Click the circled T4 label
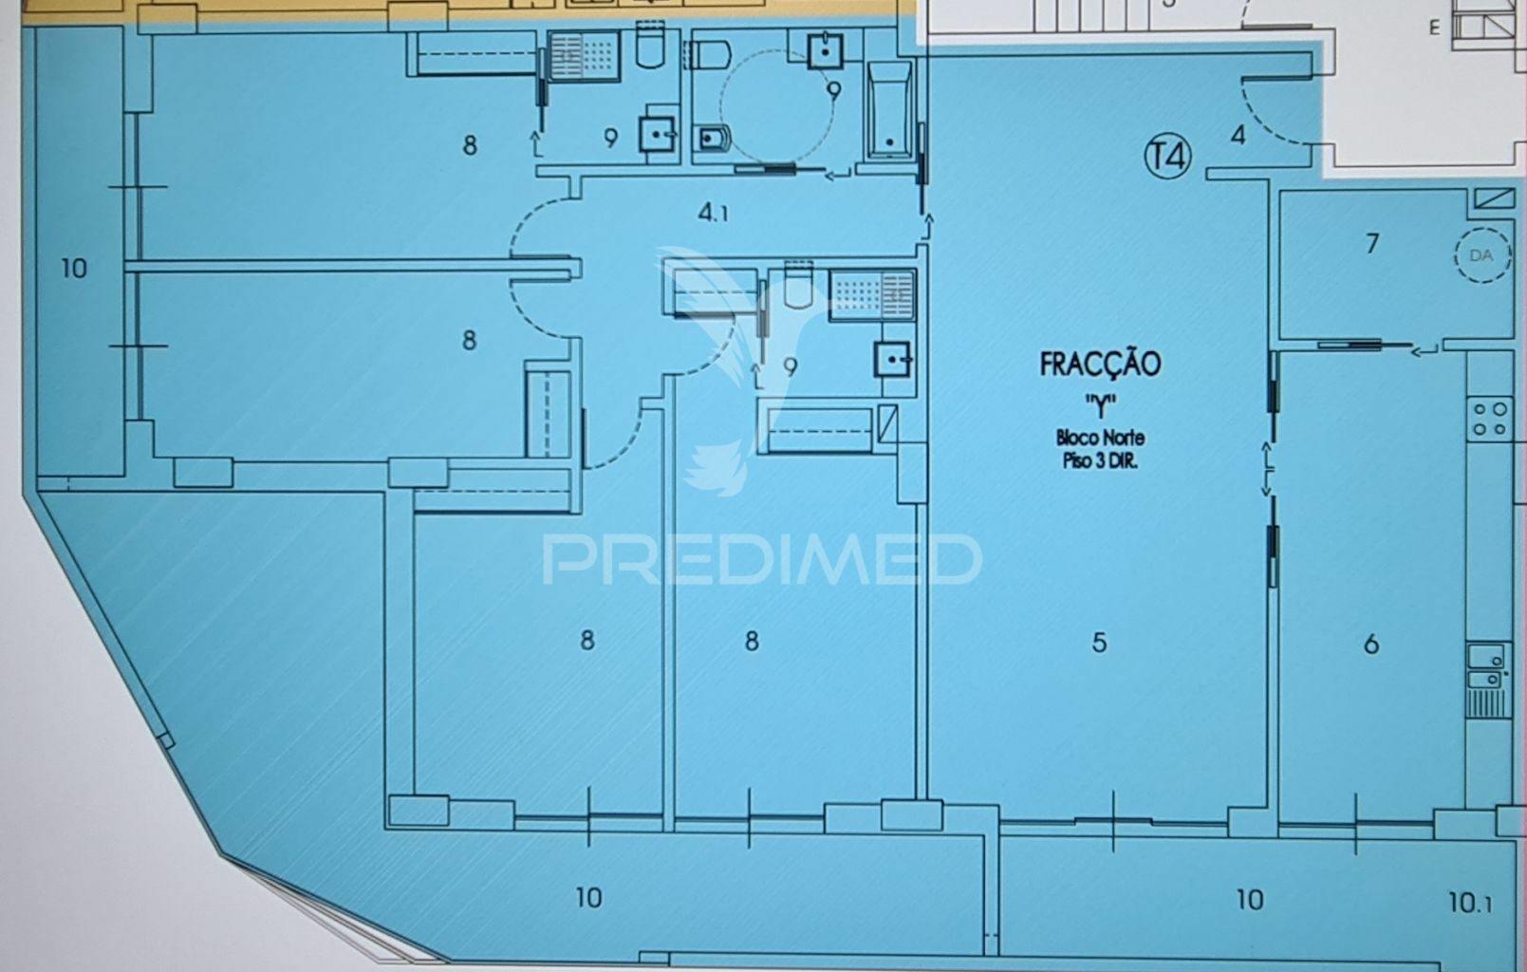coord(1167,157)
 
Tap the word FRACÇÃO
coord(1100,364)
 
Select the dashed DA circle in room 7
coord(1481,255)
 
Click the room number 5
coord(1099,642)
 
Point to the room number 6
coord(1371,644)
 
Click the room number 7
coord(1372,243)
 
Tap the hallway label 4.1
coord(713,213)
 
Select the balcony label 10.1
coord(1471,903)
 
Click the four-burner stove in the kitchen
coord(1489,419)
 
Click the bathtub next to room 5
coord(889,109)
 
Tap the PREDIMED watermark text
coord(762,560)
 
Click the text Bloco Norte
coord(1100,437)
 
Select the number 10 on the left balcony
coord(74,269)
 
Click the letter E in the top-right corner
coord(1434,28)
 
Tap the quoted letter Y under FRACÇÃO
coord(1100,405)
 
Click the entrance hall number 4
coord(1238,134)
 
